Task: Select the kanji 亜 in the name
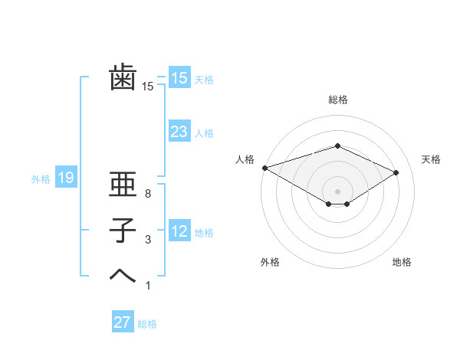(x=123, y=186)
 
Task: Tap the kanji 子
(x=123, y=230)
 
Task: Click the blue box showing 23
(x=179, y=132)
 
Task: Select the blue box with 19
(x=65, y=178)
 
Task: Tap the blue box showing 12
(x=179, y=231)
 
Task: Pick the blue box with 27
(x=123, y=322)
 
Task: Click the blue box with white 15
(x=179, y=77)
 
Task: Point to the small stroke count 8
(x=148, y=195)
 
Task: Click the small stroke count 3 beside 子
(x=148, y=241)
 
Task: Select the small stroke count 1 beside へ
(x=148, y=286)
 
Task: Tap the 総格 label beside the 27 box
(x=147, y=324)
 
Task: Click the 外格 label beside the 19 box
(x=41, y=179)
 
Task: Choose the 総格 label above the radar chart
(x=337, y=100)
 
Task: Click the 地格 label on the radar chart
(x=402, y=263)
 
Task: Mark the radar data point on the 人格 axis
(x=264, y=168)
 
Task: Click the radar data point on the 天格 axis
(x=396, y=172)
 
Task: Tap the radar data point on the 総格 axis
(x=337, y=146)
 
